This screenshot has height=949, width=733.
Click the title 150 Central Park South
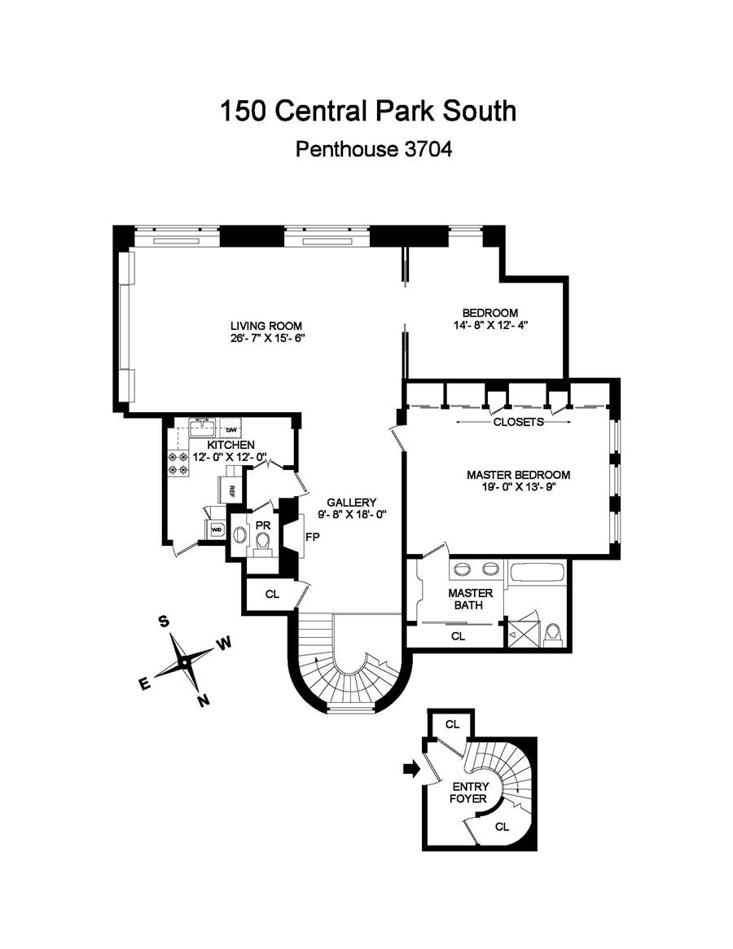pyautogui.click(x=366, y=110)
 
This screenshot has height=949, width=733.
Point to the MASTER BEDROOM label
pyautogui.click(x=518, y=474)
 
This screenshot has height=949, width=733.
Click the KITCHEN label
pyautogui.click(x=230, y=445)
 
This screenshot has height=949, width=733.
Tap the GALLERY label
pyautogui.click(x=351, y=502)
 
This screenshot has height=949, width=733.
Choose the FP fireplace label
pyautogui.click(x=311, y=538)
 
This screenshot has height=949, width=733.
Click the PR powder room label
pyautogui.click(x=262, y=525)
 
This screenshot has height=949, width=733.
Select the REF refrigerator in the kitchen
pyautogui.click(x=231, y=490)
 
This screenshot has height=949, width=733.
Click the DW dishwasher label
pyautogui.click(x=230, y=429)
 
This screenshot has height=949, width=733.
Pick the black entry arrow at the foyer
pyautogui.click(x=413, y=768)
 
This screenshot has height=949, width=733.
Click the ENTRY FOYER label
pyautogui.click(x=470, y=793)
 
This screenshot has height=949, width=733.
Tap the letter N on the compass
pyautogui.click(x=204, y=700)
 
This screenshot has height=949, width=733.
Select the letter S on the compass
pyautogui.click(x=164, y=622)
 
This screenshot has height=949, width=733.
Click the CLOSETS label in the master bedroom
pyautogui.click(x=518, y=422)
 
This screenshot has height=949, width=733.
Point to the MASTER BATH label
pyautogui.click(x=470, y=599)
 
